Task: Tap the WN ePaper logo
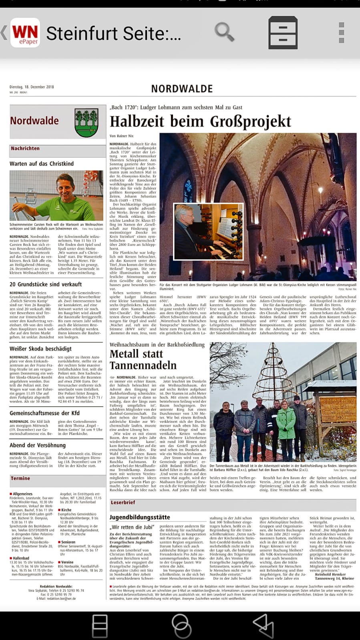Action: (25, 33)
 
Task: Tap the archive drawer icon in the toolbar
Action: (282, 32)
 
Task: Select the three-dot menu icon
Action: (341, 33)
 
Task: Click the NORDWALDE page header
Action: (182, 88)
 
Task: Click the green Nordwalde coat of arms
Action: (86, 122)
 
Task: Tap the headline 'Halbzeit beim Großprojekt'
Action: (200, 121)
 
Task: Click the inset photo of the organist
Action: (209, 231)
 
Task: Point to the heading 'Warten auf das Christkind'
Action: (42, 164)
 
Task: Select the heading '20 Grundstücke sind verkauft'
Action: (46, 284)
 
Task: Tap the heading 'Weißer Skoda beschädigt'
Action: (41, 349)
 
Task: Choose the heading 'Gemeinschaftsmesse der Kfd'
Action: (44, 413)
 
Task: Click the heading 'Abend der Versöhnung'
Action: (38, 445)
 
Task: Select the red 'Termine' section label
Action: (20, 478)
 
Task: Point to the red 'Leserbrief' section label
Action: (123, 502)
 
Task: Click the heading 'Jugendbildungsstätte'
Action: (140, 517)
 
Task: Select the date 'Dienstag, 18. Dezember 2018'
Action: (32, 87)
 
